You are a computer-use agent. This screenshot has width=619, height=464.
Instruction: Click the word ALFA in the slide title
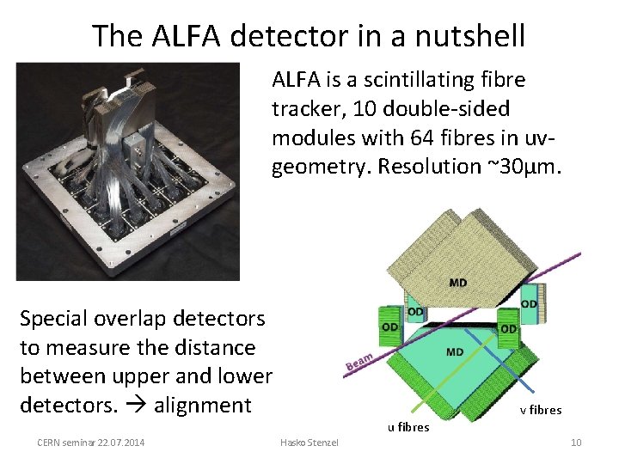click(x=182, y=36)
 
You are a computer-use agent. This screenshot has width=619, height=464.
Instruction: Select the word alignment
click(x=202, y=405)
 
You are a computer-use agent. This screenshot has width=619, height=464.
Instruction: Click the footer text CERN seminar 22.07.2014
click(x=91, y=443)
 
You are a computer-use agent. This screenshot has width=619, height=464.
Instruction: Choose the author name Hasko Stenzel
click(x=309, y=443)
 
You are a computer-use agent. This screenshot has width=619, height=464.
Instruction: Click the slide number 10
click(x=576, y=443)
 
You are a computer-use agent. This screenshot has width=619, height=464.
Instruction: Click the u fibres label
click(x=408, y=427)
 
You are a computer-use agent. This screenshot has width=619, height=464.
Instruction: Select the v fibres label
click(x=541, y=410)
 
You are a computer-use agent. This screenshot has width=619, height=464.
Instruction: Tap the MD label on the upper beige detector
click(x=458, y=284)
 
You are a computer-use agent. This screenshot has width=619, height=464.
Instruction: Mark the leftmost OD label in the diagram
click(x=388, y=327)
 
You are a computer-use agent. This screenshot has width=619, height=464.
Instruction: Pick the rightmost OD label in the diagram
click(x=530, y=303)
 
